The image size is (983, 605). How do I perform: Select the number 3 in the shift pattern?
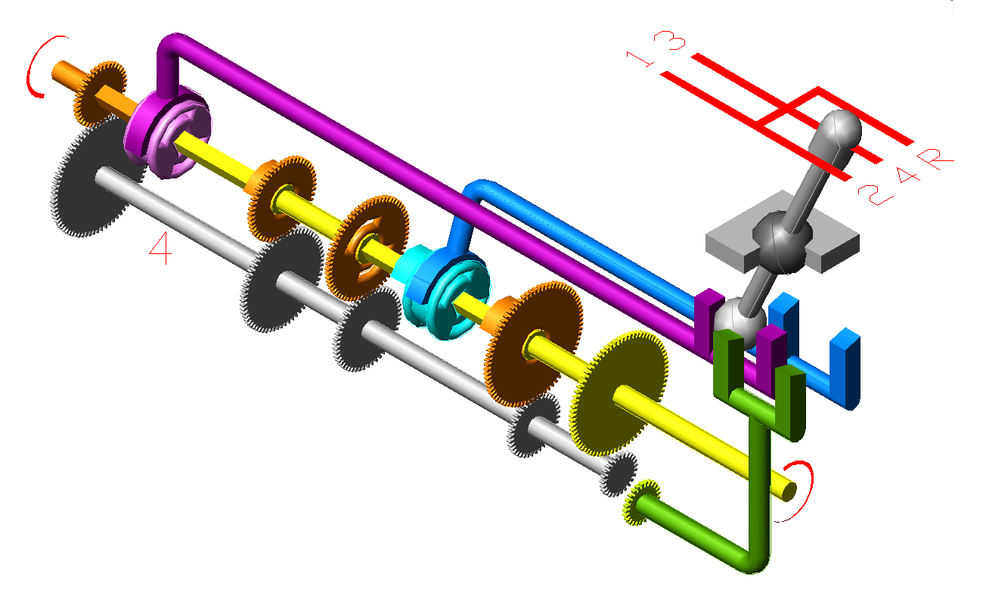[669, 40]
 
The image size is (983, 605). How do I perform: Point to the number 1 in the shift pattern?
[640, 60]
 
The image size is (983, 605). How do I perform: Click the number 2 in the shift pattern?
[875, 195]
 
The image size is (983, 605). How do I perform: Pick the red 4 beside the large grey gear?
[161, 248]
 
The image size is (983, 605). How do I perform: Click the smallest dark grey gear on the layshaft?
[618, 474]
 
